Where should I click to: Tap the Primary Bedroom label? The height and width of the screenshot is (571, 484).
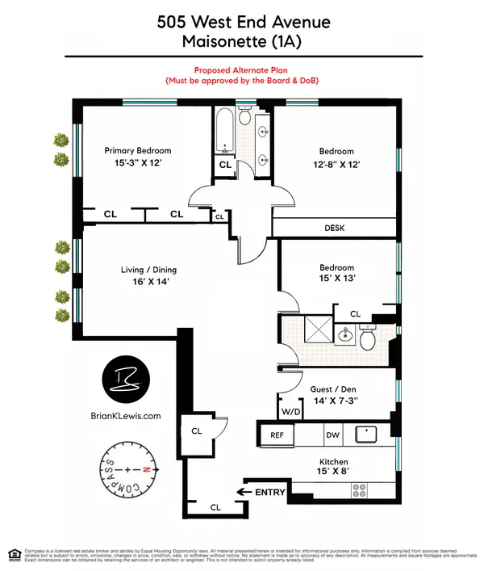(138, 150)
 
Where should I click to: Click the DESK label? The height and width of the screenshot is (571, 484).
(334, 229)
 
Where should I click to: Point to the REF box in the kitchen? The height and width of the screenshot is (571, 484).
(276, 435)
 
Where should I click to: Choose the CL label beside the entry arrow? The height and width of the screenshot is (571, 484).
(215, 507)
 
